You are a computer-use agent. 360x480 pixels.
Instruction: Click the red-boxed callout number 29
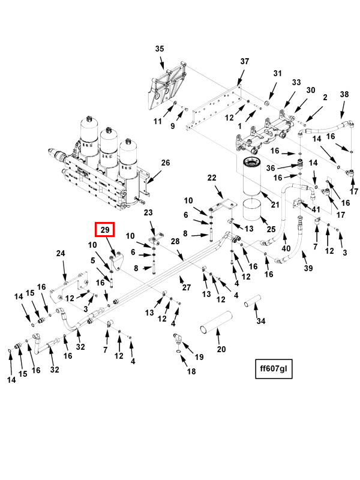click(x=104, y=230)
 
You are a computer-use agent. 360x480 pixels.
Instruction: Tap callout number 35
click(x=159, y=49)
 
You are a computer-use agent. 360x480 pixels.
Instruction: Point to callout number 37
click(x=244, y=62)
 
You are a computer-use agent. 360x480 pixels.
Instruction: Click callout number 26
click(x=166, y=163)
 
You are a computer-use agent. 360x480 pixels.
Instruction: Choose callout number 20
click(x=221, y=349)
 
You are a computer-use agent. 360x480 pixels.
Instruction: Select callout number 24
click(x=60, y=254)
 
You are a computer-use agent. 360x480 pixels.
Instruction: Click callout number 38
click(x=344, y=95)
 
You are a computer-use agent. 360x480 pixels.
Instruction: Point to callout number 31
click(x=277, y=73)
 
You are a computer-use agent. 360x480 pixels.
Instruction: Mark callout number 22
click(x=211, y=178)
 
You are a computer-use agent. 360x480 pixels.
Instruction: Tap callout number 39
click(x=308, y=268)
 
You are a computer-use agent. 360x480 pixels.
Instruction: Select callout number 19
click(x=199, y=357)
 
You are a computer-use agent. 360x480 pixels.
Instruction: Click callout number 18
click(x=191, y=372)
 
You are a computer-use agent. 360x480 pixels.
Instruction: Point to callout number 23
click(x=148, y=212)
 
